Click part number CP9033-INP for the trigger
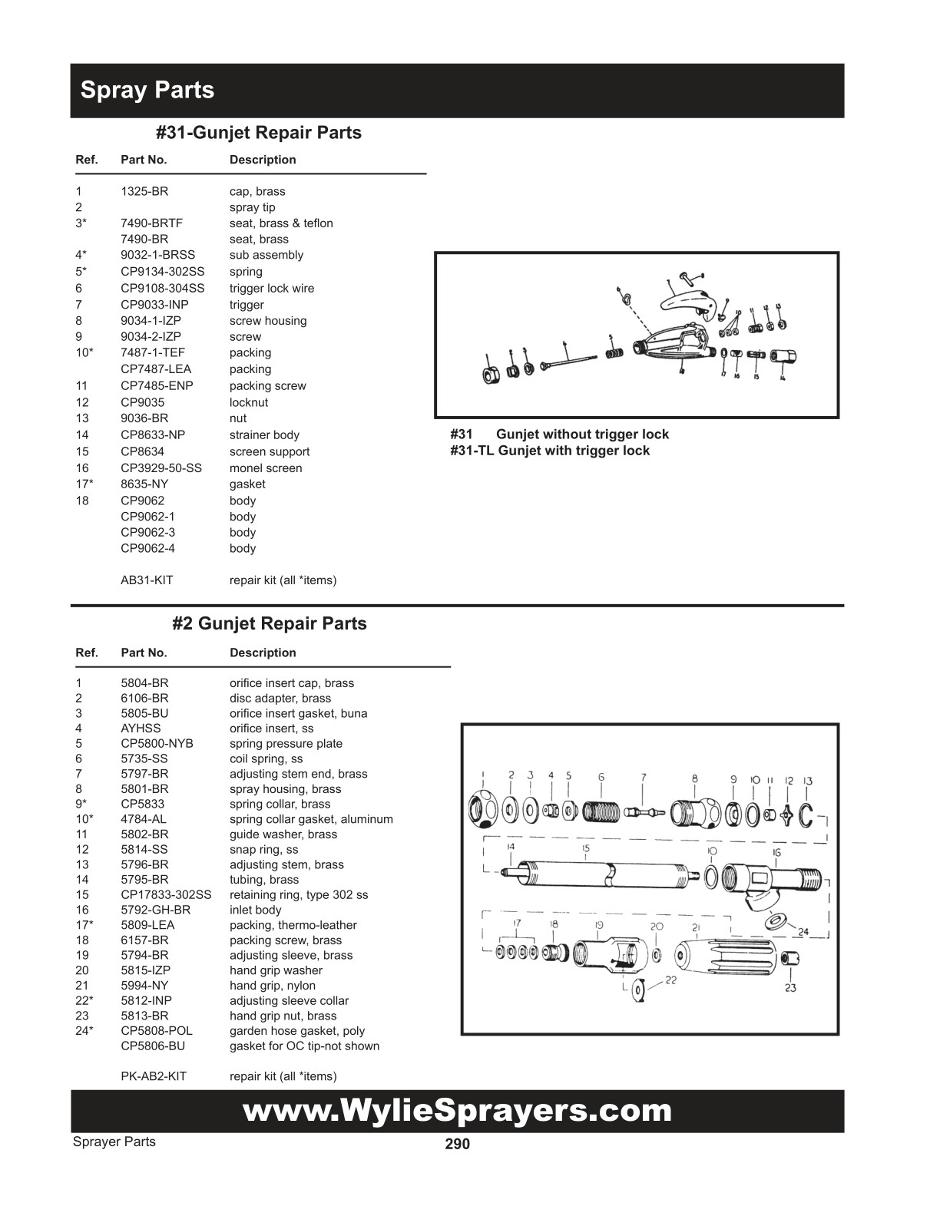[x=154, y=305]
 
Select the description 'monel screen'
[x=266, y=468]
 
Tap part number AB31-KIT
[x=147, y=580]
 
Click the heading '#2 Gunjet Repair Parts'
[x=269, y=623]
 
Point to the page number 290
[x=457, y=1145]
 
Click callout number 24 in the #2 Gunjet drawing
[x=803, y=932]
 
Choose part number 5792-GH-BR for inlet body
[x=155, y=910]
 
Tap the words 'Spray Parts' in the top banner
[x=147, y=90]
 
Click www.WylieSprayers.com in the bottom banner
[x=457, y=1111]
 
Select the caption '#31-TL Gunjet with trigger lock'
[x=550, y=451]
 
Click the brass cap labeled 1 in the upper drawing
[x=488, y=375]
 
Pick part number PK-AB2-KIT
[x=154, y=1076]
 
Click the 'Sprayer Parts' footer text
[x=114, y=1142]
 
